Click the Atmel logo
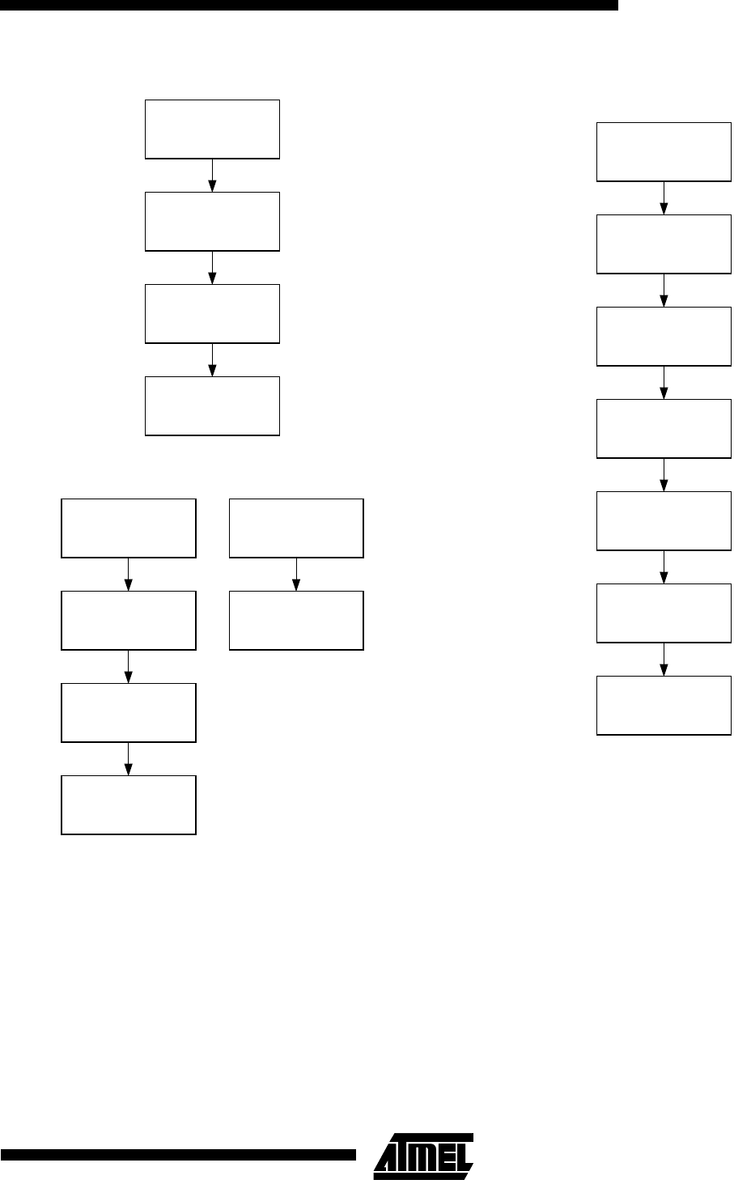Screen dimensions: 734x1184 (423, 1152)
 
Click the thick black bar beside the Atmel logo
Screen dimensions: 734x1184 (178, 1153)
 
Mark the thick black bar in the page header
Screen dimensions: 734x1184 (308, 5)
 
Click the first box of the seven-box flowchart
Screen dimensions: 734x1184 (664, 151)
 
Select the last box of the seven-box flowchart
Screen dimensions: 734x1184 (664, 705)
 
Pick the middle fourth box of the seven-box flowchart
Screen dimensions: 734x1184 (664, 428)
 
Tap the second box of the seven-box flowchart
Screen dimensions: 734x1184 (664, 244)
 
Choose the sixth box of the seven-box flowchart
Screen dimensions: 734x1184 (664, 613)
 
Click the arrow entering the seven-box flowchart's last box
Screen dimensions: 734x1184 (664, 660)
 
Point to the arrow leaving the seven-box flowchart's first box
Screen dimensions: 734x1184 (664, 197)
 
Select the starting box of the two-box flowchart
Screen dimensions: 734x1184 (296, 528)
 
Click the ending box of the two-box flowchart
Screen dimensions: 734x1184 (296, 620)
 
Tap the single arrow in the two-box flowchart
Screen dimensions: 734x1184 (296, 574)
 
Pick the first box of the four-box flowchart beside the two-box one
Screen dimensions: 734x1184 (129, 528)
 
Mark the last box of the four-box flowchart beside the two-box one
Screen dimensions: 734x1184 (129, 804)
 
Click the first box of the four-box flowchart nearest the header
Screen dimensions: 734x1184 (212, 129)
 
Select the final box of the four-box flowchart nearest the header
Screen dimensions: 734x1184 (212, 405)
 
